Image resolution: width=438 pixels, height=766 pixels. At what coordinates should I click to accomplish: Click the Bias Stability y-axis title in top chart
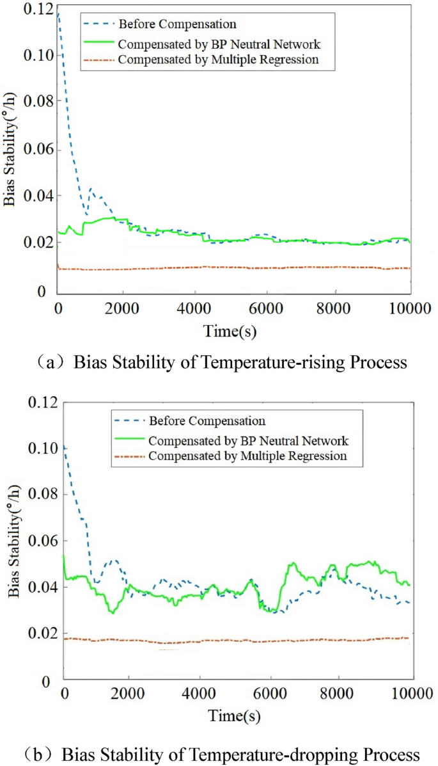coord(10,154)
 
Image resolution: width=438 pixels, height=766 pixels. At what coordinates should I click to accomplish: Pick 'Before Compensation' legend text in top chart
coord(177,24)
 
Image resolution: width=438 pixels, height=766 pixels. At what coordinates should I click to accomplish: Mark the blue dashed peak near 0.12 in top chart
coord(59,13)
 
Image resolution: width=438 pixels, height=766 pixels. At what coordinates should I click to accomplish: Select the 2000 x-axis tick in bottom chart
coord(129,694)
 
